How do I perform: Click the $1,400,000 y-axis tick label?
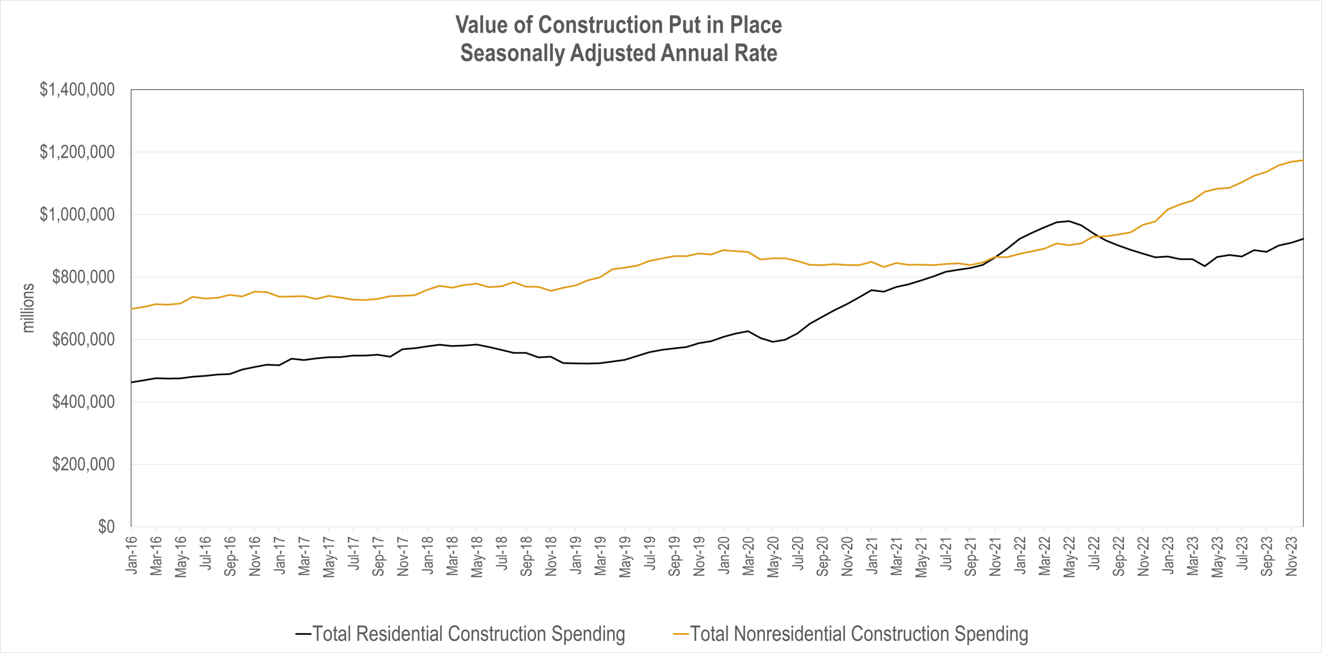(77, 90)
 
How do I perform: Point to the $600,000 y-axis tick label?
(83, 340)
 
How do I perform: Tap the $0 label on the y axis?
(106, 527)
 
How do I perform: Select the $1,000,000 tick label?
(77, 215)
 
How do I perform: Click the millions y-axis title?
(28, 308)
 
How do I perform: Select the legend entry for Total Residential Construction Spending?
(468, 634)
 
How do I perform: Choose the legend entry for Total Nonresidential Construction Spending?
(859, 634)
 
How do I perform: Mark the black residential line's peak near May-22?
(1069, 221)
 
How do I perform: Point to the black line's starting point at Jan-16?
(132, 382)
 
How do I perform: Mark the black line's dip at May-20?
(773, 342)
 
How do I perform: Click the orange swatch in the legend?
(681, 634)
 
